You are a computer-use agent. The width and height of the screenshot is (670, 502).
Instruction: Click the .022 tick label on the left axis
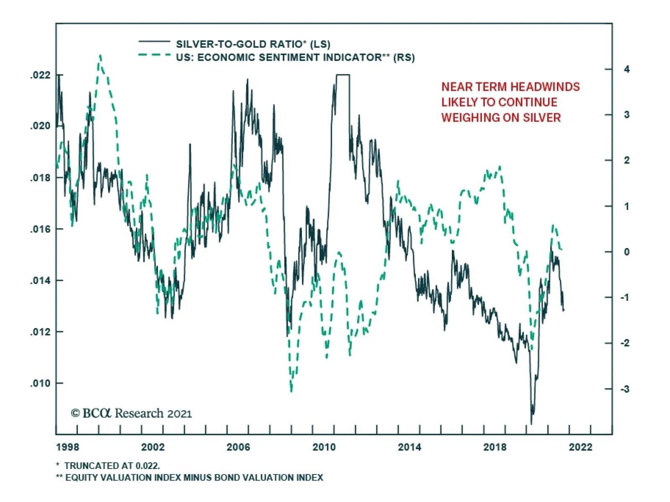(x=40, y=75)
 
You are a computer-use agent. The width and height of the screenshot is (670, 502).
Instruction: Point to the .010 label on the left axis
(x=40, y=383)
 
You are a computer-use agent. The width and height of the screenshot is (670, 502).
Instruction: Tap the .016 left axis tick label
(x=40, y=229)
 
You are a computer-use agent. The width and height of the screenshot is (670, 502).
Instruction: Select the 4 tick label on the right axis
(x=626, y=69)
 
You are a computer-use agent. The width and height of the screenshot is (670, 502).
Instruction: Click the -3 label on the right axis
(x=625, y=389)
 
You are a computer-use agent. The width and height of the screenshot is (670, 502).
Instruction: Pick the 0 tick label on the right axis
(x=626, y=252)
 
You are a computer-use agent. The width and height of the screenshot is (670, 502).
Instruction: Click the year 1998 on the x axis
(x=67, y=447)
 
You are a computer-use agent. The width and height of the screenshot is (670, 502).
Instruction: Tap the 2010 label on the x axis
(x=324, y=447)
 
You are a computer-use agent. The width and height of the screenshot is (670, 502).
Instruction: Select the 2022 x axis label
(x=580, y=447)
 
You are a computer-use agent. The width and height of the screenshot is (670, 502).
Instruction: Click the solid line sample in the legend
(x=154, y=41)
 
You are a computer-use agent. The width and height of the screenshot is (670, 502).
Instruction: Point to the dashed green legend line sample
(x=154, y=55)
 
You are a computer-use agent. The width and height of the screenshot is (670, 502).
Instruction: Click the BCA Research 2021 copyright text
(x=131, y=413)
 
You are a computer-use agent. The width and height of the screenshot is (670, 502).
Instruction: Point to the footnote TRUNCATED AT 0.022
(x=112, y=466)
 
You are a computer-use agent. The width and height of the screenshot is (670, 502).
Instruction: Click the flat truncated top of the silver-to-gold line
(x=343, y=75)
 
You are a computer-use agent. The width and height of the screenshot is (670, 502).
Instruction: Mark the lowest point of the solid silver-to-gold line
(x=531, y=423)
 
